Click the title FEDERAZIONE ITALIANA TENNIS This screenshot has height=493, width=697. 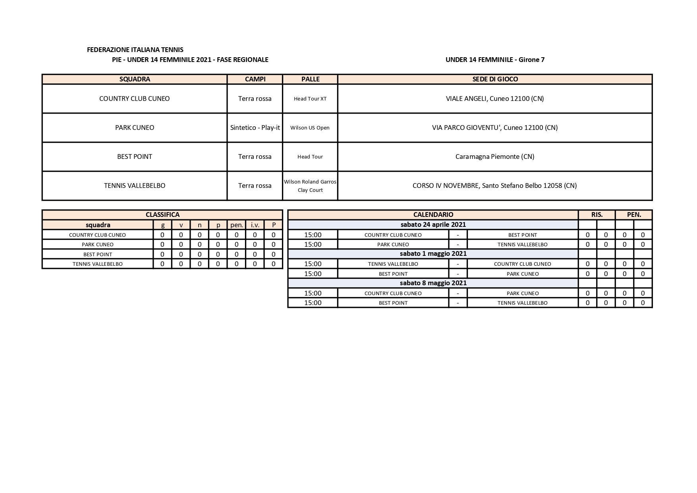tap(135, 50)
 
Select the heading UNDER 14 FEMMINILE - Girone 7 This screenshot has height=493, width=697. tap(495, 60)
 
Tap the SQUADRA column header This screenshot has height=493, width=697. tap(135, 79)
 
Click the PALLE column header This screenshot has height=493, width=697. tap(310, 79)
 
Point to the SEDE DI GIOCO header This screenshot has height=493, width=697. tap(495, 79)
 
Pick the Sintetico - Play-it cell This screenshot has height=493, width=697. tap(255, 128)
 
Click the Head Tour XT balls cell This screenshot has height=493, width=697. tap(310, 99)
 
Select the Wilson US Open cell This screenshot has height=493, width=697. tap(310, 128)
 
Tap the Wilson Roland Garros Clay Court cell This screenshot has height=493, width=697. tap(310, 186)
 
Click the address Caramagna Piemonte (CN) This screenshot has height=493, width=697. tap(495, 157)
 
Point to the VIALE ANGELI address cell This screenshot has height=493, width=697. tap(495, 99)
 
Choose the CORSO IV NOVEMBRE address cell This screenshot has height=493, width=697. tap(495, 186)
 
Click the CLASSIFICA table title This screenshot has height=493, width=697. tap(162, 215)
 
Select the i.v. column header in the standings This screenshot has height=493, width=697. tap(255, 225)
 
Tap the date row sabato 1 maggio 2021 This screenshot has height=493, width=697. tap(433, 253)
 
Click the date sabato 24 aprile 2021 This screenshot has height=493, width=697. tap(433, 224)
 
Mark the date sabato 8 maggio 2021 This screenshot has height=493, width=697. tap(433, 283)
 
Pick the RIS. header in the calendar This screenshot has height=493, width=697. tap(597, 215)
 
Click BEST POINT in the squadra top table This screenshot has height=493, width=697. tap(135, 157)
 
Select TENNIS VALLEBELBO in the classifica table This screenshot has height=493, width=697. tap(98, 264)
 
